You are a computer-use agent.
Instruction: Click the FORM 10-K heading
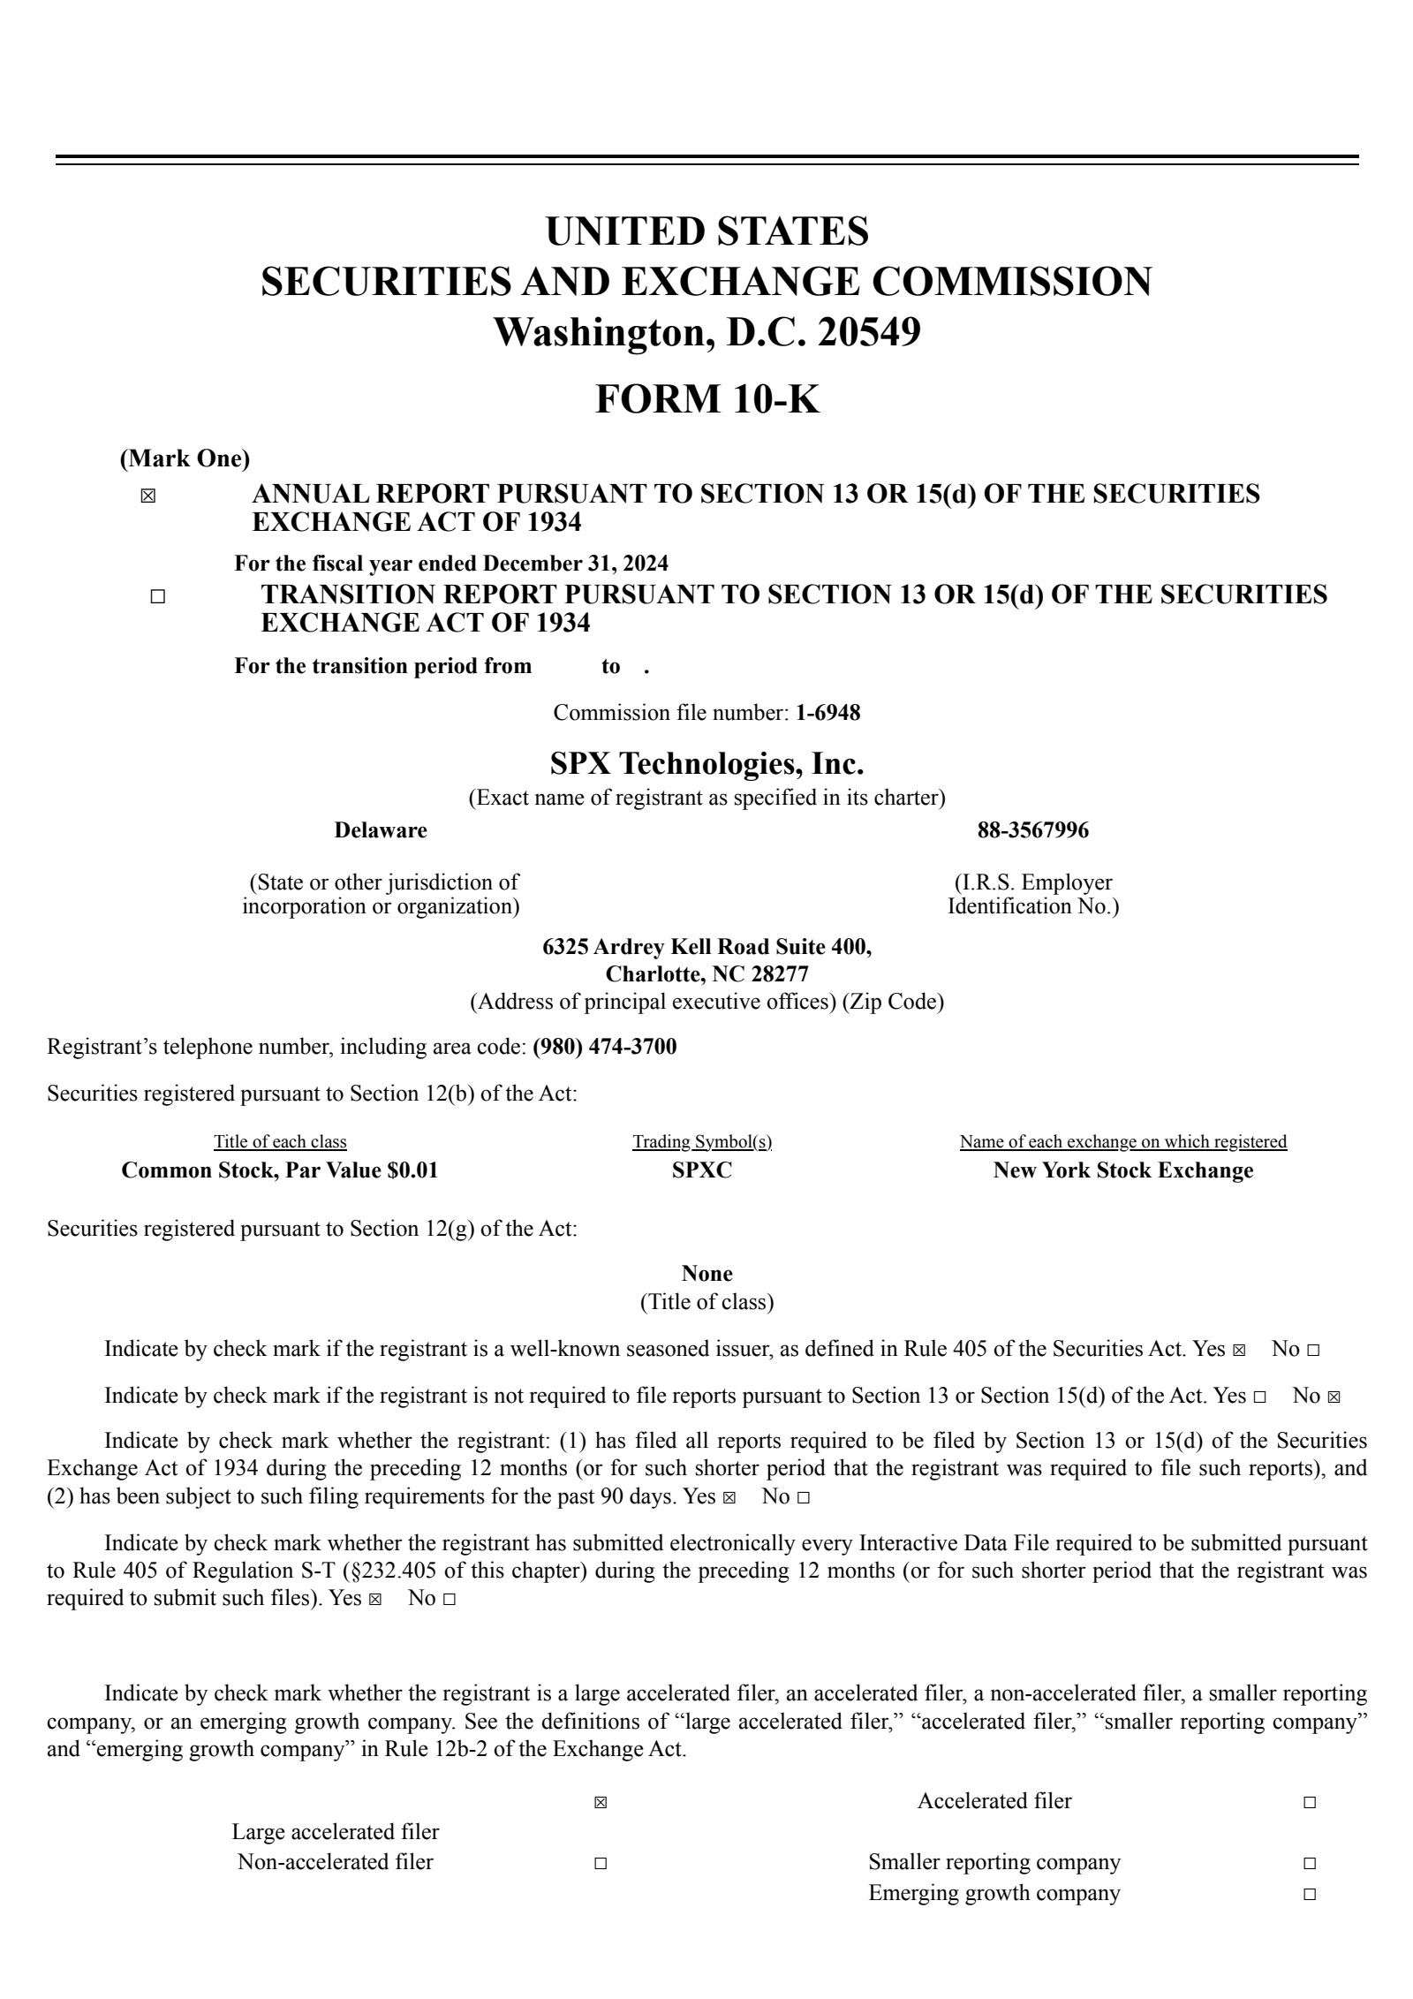706,398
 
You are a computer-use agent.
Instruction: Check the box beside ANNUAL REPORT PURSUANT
147,496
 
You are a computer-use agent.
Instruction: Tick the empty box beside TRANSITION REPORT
157,597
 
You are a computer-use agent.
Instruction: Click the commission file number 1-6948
827,712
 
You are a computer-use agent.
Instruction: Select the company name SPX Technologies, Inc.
706,762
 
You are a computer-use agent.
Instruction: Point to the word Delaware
380,830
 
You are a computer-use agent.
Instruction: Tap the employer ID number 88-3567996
1032,830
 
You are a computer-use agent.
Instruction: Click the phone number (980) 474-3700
605,1047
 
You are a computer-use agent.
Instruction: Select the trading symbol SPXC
702,1170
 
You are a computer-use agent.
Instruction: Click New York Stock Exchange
1122,1170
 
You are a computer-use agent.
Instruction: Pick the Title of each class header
280,1141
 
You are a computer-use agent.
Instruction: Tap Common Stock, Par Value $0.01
279,1170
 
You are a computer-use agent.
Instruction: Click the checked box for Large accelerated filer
601,1803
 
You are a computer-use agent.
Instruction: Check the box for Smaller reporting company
1309,1864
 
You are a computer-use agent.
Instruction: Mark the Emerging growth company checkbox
1309,1895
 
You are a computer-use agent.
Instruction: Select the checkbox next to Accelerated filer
1309,1803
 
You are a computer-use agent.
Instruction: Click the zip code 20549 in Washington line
870,333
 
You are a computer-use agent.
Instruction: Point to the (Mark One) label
185,458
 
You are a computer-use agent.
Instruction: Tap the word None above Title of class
706,1273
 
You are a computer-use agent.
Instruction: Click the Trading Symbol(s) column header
702,1141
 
